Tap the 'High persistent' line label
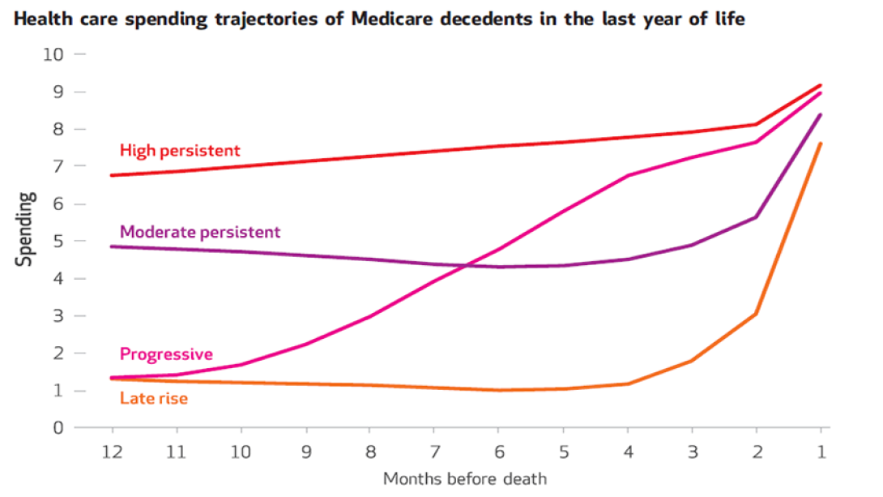click(x=180, y=150)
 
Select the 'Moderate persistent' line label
click(x=200, y=232)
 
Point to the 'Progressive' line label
click(x=166, y=354)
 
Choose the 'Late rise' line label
click(x=154, y=398)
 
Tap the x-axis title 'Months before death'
click(x=465, y=478)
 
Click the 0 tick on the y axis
click(x=58, y=428)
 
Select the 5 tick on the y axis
click(x=58, y=242)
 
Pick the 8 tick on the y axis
click(x=58, y=129)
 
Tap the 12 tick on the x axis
click(x=112, y=450)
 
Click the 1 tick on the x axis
click(x=821, y=450)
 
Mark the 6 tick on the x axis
click(x=499, y=450)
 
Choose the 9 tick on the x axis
click(x=305, y=450)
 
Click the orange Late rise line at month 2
click(x=756, y=313)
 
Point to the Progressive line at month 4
click(x=628, y=175)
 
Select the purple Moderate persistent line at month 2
click(x=756, y=217)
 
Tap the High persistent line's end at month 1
click(x=821, y=85)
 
